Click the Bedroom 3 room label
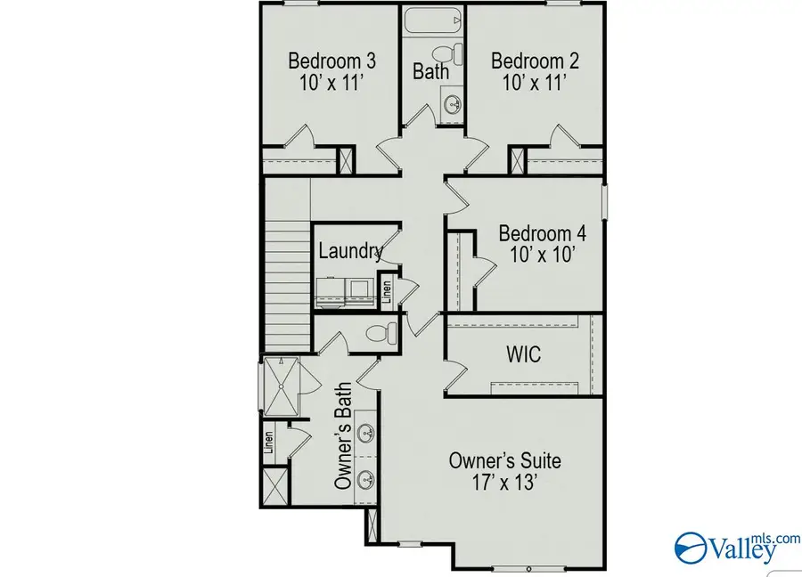point(332,61)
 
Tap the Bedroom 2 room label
point(535,61)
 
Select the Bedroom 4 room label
point(542,233)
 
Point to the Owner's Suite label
point(505,460)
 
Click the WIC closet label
point(524,354)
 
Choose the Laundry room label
point(351,251)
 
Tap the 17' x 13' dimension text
point(504,482)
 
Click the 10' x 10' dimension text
point(542,255)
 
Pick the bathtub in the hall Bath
point(433,20)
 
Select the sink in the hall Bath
point(452,105)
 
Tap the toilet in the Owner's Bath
point(381,333)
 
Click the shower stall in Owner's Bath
point(281,385)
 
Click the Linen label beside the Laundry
point(388,292)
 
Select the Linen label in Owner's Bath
point(268,443)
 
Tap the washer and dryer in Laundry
point(344,292)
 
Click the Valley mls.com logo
point(737,548)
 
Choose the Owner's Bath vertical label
point(343,436)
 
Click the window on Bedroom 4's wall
point(604,202)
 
